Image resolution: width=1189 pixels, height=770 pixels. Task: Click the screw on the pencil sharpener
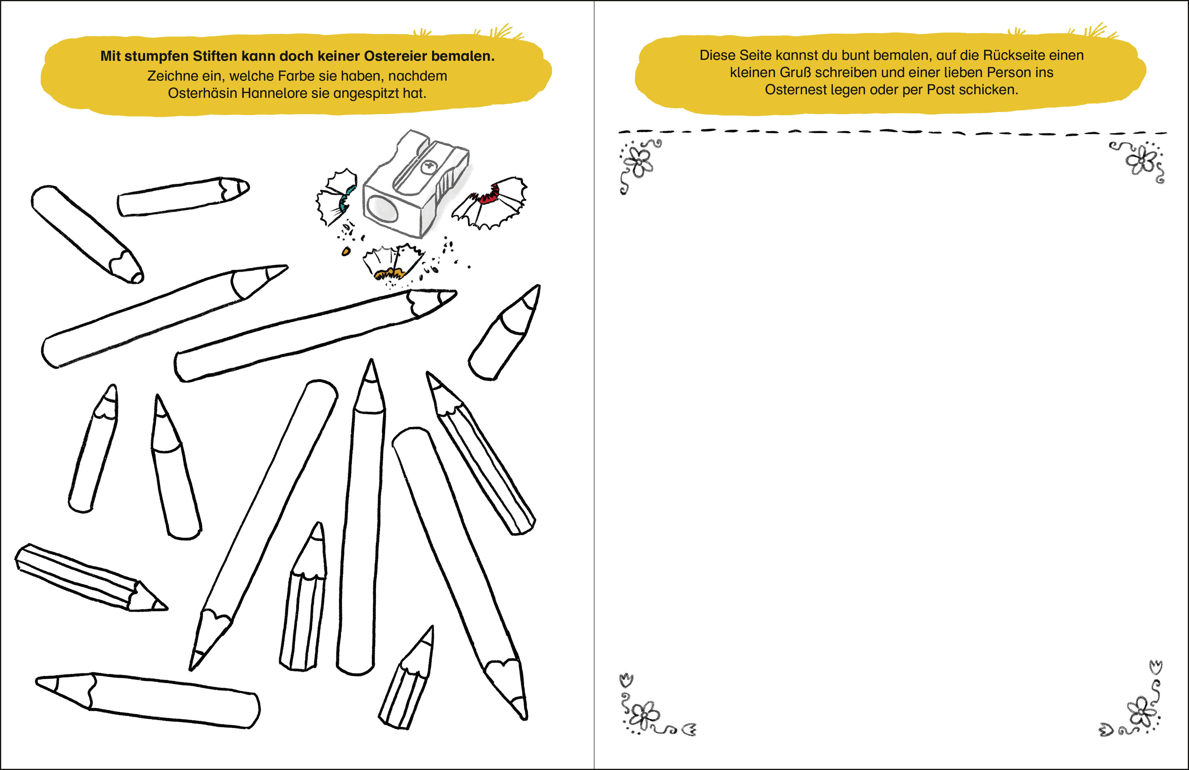coord(429,167)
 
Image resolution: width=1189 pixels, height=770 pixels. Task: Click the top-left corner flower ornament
coord(639,165)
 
